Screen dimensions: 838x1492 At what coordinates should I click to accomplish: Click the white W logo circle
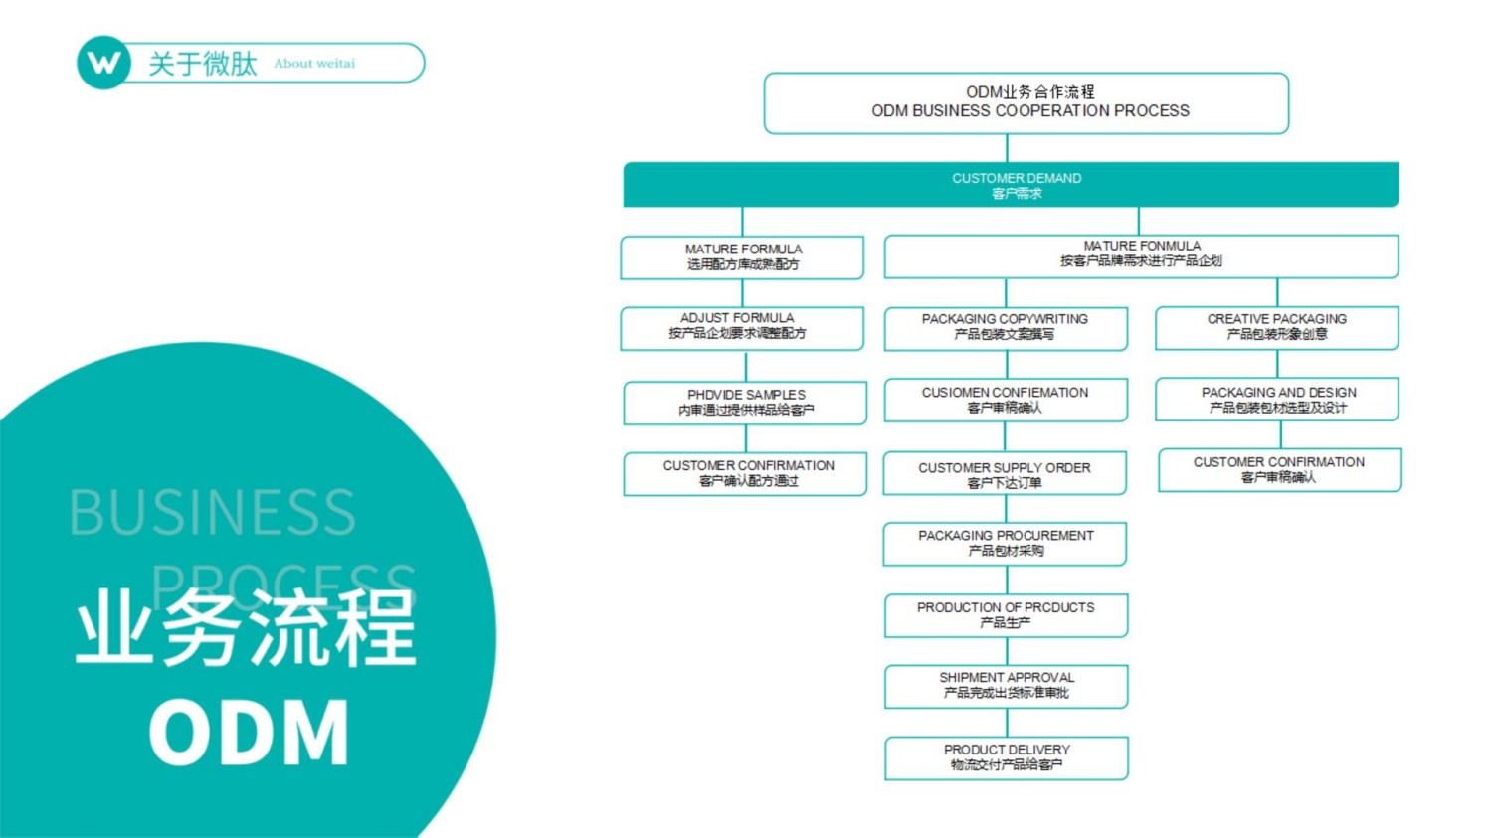point(103,63)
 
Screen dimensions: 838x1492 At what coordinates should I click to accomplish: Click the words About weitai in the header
point(314,63)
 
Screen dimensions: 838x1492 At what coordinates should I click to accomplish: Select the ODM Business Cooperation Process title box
point(1026,102)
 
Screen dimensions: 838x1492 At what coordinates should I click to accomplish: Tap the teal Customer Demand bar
point(1011,185)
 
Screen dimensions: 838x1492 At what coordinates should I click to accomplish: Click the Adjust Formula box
point(742,327)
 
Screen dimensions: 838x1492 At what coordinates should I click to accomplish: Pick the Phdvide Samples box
point(745,402)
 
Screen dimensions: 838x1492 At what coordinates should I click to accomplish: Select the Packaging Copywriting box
point(1006,327)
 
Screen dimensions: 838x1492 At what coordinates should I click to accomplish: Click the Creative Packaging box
point(1277,327)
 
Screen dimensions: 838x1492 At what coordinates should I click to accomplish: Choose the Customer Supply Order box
point(1005,474)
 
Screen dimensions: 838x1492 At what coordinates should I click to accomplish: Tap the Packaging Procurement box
point(1005,543)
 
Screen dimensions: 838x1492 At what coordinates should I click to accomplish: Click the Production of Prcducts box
point(1006,614)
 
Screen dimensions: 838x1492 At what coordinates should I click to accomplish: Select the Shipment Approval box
point(1006,685)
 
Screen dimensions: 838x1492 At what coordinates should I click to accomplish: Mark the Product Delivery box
point(1006,757)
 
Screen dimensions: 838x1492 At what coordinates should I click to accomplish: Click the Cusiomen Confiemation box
point(1006,400)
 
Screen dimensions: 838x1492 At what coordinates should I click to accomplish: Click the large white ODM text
point(249,733)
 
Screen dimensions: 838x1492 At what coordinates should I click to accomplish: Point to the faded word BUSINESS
point(212,513)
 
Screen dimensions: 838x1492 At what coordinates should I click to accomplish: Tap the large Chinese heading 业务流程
point(246,628)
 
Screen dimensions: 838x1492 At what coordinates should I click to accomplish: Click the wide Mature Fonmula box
point(1141,254)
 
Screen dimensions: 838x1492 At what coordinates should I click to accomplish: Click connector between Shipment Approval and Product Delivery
point(1007,723)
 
